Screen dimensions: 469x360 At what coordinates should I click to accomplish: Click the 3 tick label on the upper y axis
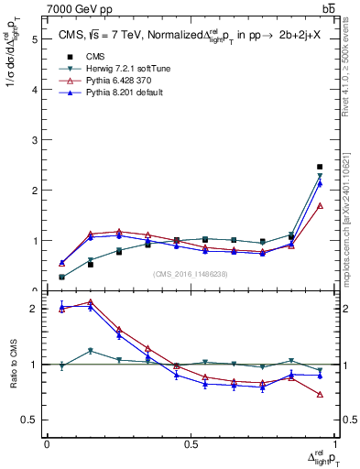coord(35,140)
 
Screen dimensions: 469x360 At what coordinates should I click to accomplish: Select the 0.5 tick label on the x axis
coord(191,443)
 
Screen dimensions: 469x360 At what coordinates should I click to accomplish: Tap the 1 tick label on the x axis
coord(334,443)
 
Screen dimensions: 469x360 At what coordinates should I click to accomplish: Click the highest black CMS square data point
coord(320,167)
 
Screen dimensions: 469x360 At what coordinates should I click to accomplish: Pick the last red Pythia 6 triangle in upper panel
coord(320,206)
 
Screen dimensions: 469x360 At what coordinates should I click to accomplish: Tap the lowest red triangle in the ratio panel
coord(320,394)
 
